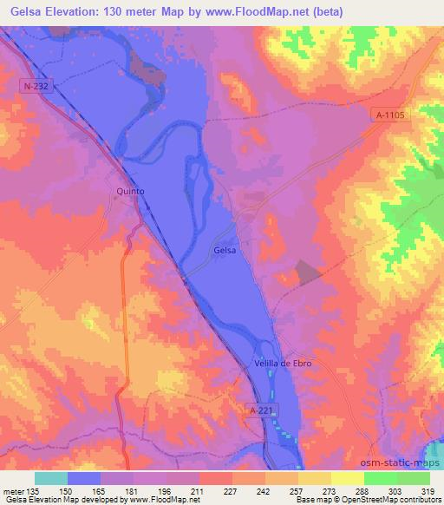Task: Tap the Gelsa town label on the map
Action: tap(225, 250)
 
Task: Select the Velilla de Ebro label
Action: tap(283, 363)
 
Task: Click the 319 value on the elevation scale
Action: tap(428, 490)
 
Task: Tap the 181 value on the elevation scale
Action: tap(132, 490)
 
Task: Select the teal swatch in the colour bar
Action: tap(51, 478)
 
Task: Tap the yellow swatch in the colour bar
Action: tap(348, 478)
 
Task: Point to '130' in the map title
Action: tap(120, 12)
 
